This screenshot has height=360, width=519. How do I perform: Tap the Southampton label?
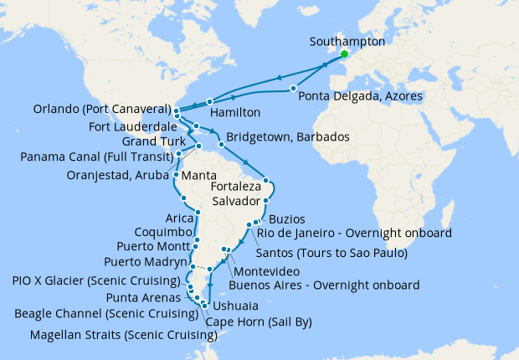click(347, 41)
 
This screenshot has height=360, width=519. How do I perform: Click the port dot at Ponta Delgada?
click(294, 88)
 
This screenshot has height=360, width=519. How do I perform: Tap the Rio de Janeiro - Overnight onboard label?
click(355, 232)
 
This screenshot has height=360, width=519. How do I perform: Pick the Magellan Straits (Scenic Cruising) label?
click(123, 336)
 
